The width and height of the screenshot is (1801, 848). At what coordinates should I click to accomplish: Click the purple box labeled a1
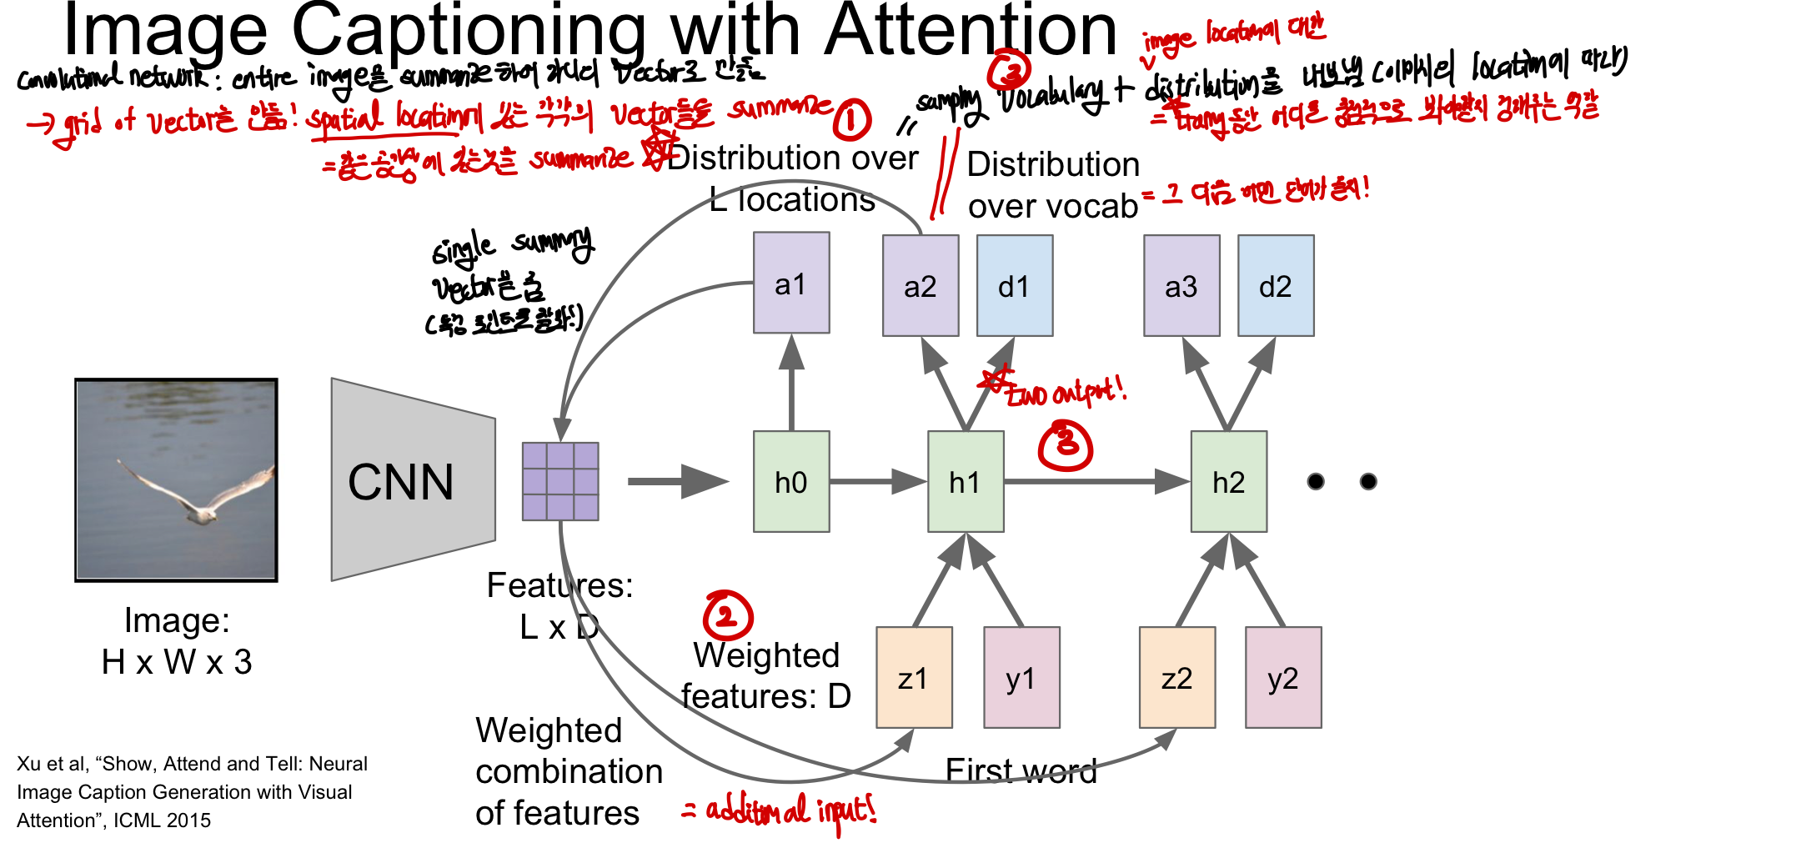[791, 284]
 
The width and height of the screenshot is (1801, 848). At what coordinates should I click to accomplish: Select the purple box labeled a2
[921, 286]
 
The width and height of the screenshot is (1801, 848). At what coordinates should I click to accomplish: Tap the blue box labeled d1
[1015, 286]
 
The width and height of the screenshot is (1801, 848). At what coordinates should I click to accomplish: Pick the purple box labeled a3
[1181, 286]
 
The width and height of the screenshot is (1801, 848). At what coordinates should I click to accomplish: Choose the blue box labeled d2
[1276, 286]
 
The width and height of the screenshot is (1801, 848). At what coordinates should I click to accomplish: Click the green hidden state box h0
[791, 482]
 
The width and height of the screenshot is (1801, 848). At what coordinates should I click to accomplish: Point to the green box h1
[966, 482]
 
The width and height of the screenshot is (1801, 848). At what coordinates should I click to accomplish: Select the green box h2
[1229, 482]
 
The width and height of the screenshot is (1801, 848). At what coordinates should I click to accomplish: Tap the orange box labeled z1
[914, 678]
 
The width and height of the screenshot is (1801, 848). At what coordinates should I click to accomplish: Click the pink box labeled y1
[1021, 678]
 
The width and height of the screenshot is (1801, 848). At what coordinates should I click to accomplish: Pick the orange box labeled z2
[1177, 678]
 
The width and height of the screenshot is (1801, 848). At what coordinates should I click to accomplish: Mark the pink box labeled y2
[1283, 678]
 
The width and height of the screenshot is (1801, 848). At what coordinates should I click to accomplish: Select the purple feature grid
[560, 482]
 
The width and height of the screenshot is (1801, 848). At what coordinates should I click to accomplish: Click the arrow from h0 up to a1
[791, 384]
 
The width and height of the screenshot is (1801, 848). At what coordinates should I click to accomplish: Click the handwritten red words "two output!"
[1063, 390]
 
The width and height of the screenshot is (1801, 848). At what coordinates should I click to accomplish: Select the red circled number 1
[852, 120]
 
